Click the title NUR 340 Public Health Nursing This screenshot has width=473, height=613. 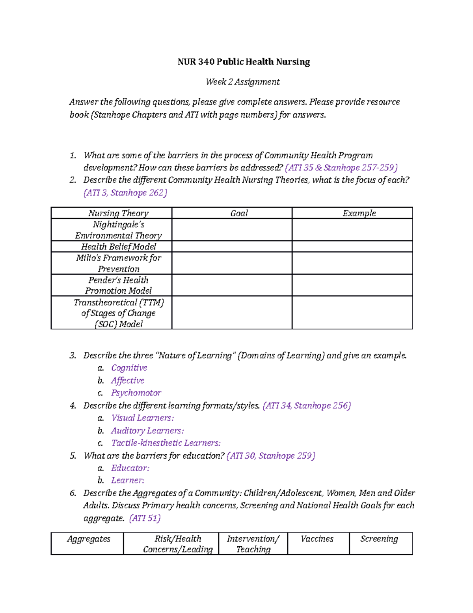[244, 62]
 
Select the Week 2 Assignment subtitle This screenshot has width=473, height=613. [242, 82]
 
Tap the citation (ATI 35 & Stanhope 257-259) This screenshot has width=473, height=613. [341, 167]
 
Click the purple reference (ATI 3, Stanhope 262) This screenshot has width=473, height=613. [125, 193]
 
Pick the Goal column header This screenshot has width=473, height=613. [239, 213]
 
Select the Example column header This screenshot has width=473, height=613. [359, 213]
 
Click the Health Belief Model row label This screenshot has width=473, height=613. [119, 247]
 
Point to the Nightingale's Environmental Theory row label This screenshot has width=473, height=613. [119, 230]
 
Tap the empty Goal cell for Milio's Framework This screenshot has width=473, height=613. [232, 263]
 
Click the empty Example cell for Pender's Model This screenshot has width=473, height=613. [352, 285]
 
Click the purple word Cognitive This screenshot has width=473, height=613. [129, 368]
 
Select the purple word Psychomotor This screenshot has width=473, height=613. [136, 393]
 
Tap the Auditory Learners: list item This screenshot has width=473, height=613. [147, 431]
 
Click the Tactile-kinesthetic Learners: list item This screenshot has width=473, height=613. [166, 443]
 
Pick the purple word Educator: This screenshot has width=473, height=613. [130, 468]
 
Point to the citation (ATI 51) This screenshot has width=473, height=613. [145, 518]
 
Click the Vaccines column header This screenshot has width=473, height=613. [317, 539]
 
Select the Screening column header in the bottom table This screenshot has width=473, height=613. [379, 539]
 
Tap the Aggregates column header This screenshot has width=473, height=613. [88, 539]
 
